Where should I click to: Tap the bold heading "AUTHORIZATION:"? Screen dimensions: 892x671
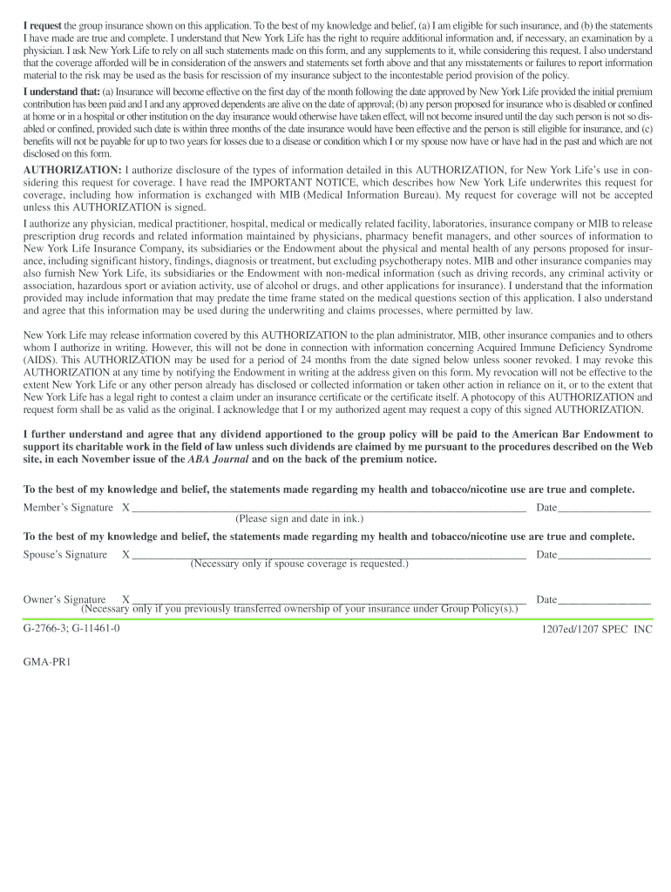[72, 169]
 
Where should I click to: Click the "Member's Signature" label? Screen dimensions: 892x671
[68, 507]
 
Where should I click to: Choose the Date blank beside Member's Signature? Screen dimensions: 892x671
[604, 507]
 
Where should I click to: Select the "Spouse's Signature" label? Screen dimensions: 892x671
[65, 555]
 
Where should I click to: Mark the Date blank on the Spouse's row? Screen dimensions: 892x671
[604, 555]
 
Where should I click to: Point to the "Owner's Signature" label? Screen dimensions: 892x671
[64, 599]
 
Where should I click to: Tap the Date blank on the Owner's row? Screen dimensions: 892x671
[604, 599]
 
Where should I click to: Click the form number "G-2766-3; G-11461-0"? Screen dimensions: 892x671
[71, 628]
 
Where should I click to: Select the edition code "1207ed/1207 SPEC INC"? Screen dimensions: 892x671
[596, 629]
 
